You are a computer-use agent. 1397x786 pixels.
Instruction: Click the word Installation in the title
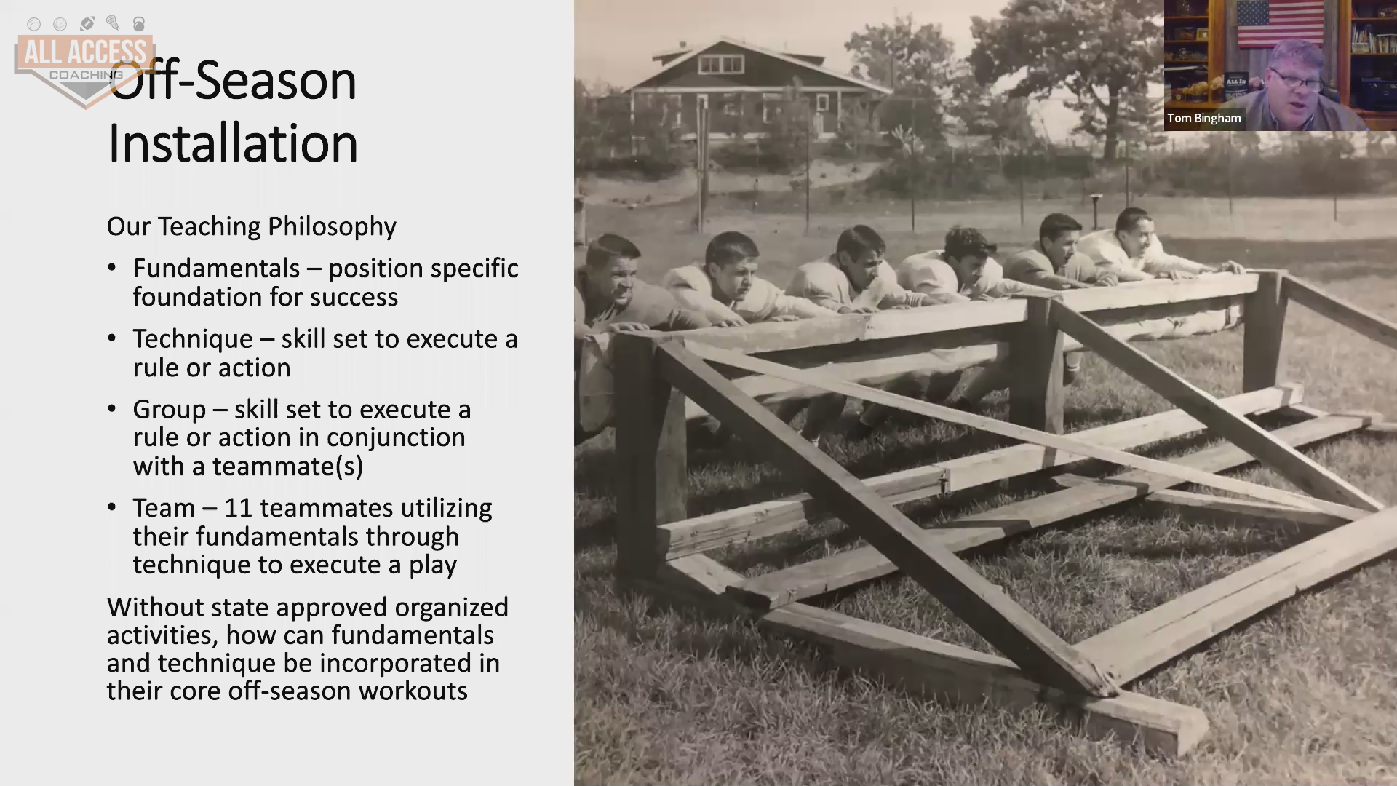[x=233, y=143]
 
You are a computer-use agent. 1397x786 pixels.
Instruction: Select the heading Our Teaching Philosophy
[x=252, y=226]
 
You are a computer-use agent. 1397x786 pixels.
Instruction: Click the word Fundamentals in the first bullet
[x=216, y=269]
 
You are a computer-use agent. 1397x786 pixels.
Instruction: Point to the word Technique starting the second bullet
[x=193, y=339]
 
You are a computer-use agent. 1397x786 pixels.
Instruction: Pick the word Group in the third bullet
[x=170, y=410]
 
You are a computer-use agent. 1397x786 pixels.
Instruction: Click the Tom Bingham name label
[x=1204, y=118]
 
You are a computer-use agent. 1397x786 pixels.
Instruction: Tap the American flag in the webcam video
[x=1279, y=23]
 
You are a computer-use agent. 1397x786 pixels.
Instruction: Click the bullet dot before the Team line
[x=111, y=507]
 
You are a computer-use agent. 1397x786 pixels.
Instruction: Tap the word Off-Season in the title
[x=233, y=80]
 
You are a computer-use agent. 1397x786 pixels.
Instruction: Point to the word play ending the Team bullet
[x=433, y=566]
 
